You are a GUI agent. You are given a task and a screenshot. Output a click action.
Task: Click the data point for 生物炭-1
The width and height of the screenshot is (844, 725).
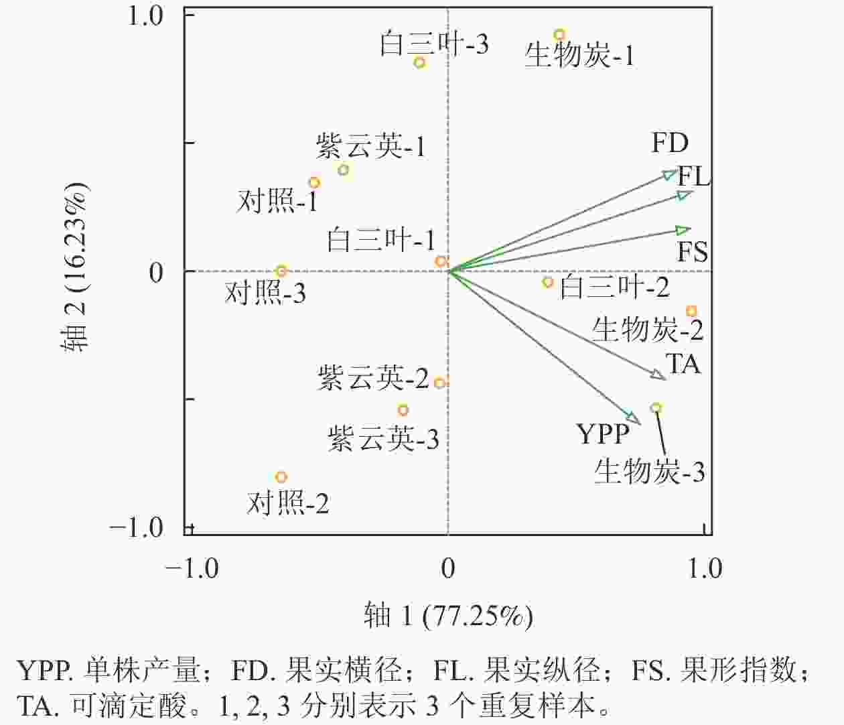(559, 35)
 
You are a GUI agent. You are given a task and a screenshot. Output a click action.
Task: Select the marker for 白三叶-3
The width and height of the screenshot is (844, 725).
(420, 63)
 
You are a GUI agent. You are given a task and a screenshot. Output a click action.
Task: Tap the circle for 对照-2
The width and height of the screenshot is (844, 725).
(281, 477)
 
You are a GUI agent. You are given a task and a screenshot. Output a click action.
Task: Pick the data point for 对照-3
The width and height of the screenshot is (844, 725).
(281, 271)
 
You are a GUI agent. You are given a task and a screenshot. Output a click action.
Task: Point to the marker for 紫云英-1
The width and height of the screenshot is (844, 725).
(344, 170)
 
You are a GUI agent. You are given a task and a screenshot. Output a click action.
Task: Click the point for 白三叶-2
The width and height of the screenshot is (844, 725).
(548, 282)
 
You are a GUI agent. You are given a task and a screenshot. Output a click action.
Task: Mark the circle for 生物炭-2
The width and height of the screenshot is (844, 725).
(692, 311)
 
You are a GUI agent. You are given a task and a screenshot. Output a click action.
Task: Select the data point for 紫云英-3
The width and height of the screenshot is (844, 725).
(403, 410)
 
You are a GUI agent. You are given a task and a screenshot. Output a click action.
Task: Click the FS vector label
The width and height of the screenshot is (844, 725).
(693, 253)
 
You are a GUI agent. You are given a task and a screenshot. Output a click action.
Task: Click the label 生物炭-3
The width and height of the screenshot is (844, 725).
(650, 472)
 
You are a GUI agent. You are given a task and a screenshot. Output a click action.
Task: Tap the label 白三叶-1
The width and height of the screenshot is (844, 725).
(381, 240)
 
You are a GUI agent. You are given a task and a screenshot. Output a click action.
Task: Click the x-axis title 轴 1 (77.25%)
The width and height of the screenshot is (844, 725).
(448, 615)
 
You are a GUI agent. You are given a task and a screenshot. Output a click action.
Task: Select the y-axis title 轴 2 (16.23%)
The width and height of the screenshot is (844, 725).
(76, 267)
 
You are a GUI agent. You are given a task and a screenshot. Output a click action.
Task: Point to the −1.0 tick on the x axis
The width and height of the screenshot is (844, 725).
(192, 568)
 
